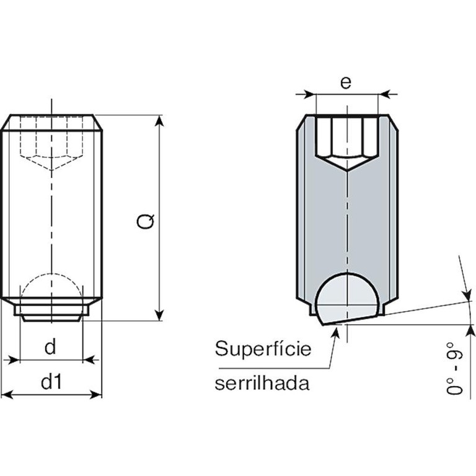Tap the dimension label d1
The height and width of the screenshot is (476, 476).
tap(51, 381)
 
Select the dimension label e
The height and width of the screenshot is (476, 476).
tap(346, 82)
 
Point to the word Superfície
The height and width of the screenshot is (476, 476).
tap(263, 348)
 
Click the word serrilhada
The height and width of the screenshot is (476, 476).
tap(262, 383)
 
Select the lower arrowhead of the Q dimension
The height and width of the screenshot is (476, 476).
tap(160, 315)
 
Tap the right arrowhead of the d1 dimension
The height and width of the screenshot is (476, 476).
tap(96, 395)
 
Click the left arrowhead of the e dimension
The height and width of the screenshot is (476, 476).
tap(311, 94)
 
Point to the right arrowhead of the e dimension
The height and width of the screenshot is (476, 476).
tap(384, 94)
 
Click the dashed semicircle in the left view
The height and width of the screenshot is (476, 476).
tap(51, 274)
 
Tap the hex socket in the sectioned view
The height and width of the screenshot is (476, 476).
tap(347, 143)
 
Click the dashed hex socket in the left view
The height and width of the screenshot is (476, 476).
tap(51, 143)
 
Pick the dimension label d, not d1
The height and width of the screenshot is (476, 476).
tap(50, 346)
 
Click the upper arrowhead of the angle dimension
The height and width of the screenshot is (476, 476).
tap(467, 296)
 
